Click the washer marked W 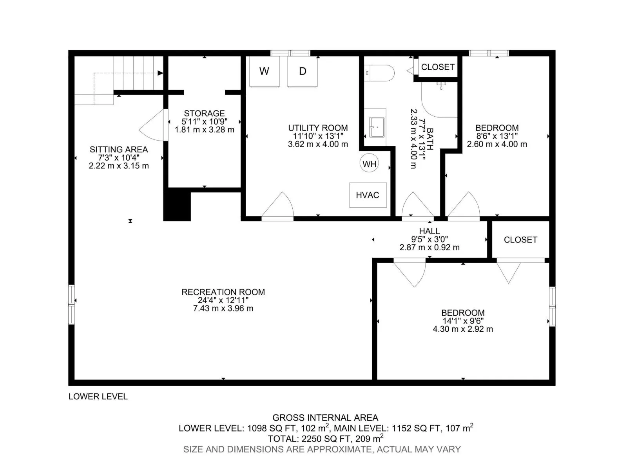[264, 71]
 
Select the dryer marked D [303, 71]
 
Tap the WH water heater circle [369, 164]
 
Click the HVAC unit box [368, 195]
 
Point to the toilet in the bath [379, 73]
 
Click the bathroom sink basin [377, 127]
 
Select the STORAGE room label [204, 113]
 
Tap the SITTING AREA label [119, 150]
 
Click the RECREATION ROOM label [223, 292]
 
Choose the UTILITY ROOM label [318, 128]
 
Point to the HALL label [429, 231]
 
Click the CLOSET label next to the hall [520, 240]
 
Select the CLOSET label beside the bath [438, 67]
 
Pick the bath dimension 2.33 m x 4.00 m [413, 139]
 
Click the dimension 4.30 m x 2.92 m [463, 329]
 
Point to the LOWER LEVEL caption [98, 397]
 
